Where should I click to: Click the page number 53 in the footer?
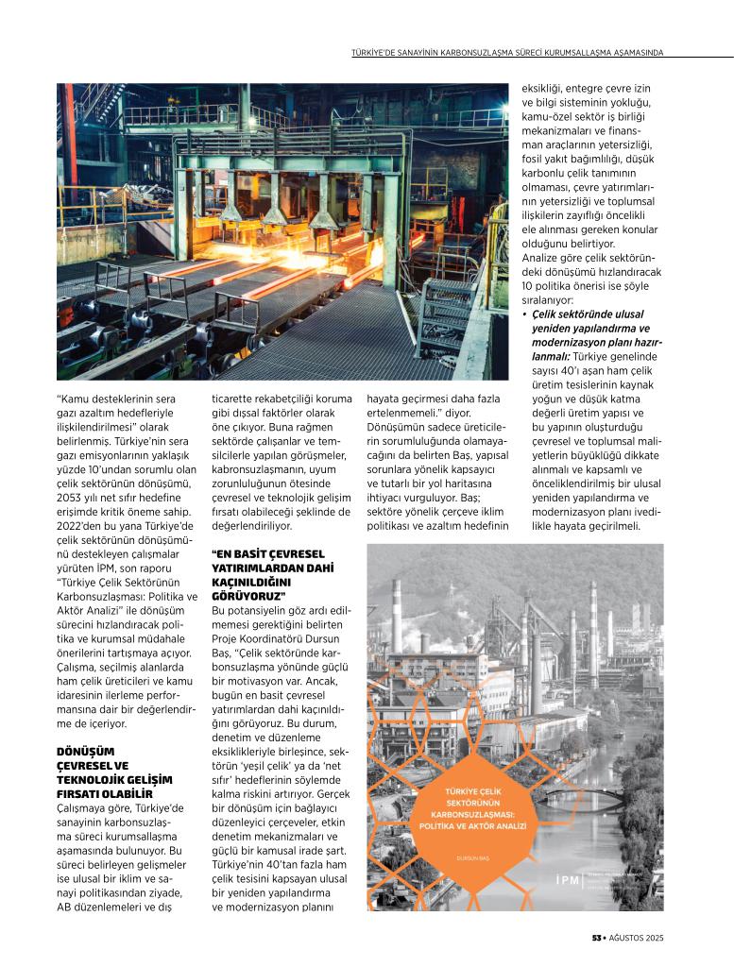click(x=597, y=938)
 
